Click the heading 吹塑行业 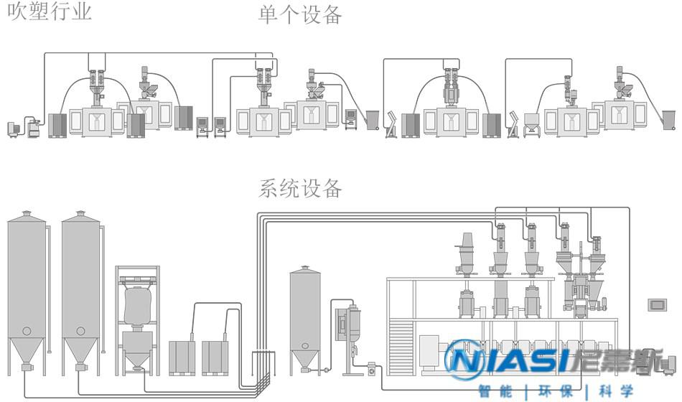(x=50, y=11)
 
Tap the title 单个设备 (x=300, y=14)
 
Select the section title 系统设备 (x=300, y=189)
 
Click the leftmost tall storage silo (x=27, y=287)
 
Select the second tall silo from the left (x=80, y=287)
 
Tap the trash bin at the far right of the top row (x=668, y=119)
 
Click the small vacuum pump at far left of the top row (x=12, y=128)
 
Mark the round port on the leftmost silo (x=27, y=331)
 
